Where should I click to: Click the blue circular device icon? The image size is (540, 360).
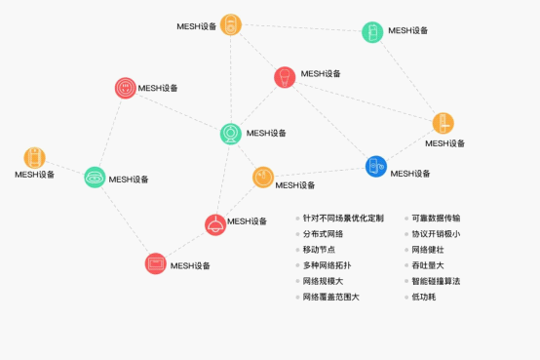(375, 166)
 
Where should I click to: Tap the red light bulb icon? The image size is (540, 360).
(285, 77)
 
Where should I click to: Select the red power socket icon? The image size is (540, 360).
(126, 88)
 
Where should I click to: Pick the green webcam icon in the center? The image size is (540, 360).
(231, 134)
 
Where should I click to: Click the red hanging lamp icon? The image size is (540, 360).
(215, 224)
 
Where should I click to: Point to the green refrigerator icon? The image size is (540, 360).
(372, 32)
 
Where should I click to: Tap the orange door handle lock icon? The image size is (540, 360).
(443, 123)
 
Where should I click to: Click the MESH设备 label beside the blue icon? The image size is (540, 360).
(410, 174)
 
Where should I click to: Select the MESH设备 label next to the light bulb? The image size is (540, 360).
(321, 74)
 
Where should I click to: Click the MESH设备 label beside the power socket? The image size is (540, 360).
(158, 88)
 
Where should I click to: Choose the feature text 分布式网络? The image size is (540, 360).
(323, 234)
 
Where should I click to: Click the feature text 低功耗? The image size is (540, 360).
(424, 297)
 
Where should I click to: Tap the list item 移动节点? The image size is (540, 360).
(319, 250)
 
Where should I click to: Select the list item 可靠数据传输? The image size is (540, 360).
(436, 218)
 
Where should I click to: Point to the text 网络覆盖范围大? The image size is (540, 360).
(331, 297)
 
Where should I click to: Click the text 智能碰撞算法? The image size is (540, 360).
(436, 281)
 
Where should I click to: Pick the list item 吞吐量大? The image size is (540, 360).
(428, 265)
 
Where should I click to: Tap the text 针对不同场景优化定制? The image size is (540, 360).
(343, 218)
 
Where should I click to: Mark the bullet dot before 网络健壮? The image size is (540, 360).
(406, 250)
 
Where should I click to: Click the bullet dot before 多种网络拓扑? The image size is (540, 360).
(297, 265)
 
